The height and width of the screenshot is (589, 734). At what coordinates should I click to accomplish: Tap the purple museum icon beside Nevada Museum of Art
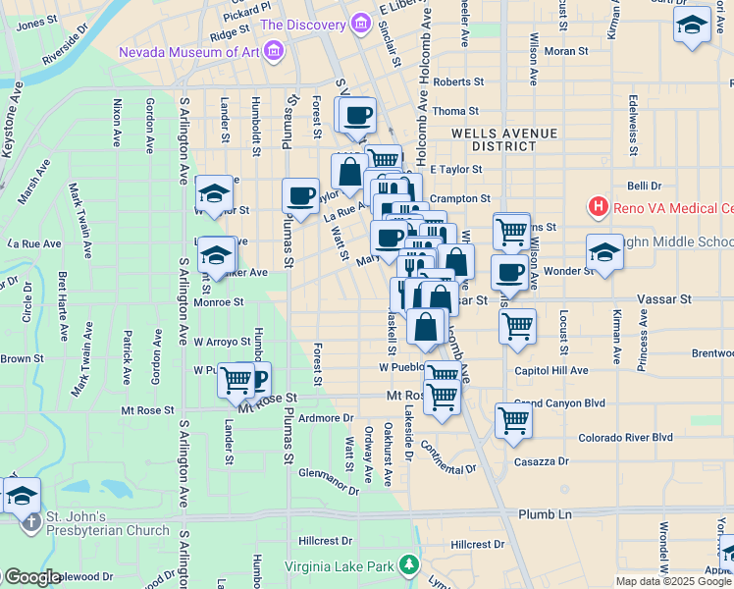coord(274,50)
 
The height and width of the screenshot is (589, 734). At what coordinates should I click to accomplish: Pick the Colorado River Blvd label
coord(625,437)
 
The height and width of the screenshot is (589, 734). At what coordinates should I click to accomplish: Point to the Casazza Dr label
coord(542,460)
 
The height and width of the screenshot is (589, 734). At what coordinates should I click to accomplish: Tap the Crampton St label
coord(459,198)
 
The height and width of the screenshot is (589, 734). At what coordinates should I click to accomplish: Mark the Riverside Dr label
coord(72,52)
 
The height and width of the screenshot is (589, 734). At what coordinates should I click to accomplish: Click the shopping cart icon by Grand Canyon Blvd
coord(514,419)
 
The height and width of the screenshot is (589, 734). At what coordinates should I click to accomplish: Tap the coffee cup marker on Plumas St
coord(300,193)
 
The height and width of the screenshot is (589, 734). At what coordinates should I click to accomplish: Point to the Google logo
coord(31,577)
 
